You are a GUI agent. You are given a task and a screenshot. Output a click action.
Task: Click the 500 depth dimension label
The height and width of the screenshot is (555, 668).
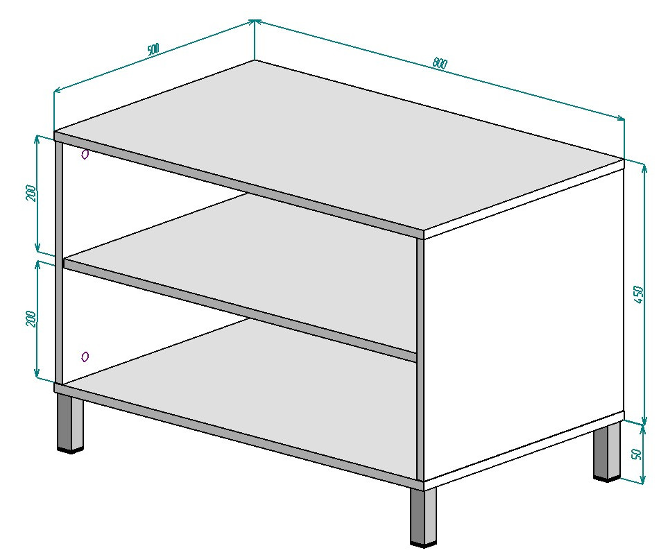pos(153,49)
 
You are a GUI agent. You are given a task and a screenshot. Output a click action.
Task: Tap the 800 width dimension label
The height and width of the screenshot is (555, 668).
pos(440,63)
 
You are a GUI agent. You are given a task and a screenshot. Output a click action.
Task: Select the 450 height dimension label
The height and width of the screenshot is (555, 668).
pos(638,295)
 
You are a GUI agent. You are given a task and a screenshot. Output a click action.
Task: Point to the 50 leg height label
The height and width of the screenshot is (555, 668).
pos(637,453)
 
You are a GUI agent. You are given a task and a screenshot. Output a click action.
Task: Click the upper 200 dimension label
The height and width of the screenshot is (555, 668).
pos(31,193)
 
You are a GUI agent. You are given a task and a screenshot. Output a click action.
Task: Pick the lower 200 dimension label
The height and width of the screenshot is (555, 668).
pos(31,318)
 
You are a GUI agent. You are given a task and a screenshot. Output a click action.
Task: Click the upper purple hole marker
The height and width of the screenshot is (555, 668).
pos(85,154)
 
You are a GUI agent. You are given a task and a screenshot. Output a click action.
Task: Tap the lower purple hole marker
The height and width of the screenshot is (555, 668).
pos(85,357)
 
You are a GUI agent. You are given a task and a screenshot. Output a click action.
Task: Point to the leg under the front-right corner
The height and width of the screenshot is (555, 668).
pos(423,516)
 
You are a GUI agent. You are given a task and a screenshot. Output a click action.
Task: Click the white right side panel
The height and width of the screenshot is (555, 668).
pos(524,327)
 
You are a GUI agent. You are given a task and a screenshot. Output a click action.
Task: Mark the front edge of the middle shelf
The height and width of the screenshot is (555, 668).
pos(240,310)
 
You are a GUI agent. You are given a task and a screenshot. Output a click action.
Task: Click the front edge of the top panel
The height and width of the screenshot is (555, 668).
pos(239,186)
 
